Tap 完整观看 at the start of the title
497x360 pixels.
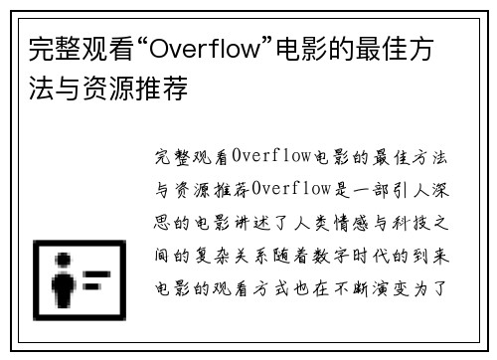coord(71,49)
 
